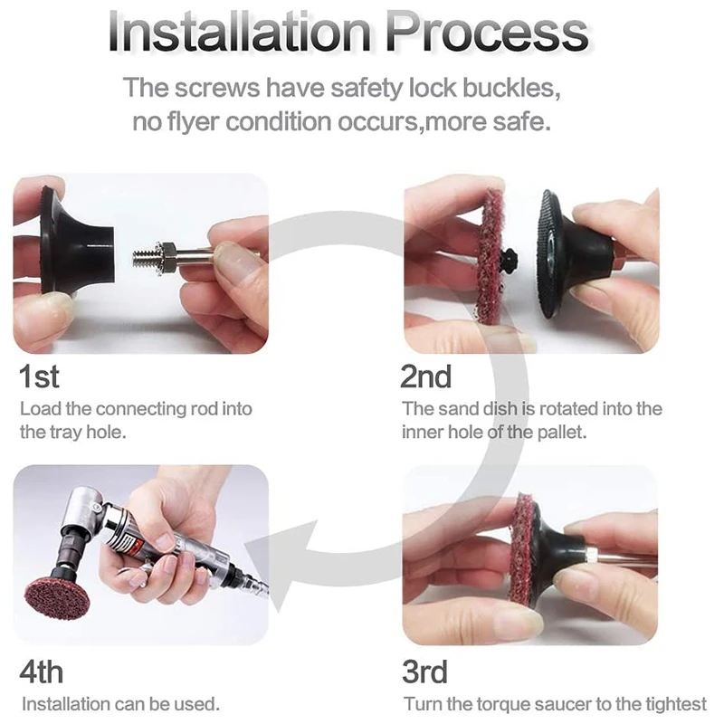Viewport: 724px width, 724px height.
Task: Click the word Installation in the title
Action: pos(240,33)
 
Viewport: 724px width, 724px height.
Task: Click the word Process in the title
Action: pos(487,33)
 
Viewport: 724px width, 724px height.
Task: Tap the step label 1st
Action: pos(39,376)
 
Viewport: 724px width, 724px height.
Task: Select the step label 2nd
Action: pos(425,376)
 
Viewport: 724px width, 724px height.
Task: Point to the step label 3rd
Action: pos(424,672)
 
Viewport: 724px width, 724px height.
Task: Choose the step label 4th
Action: pos(41,672)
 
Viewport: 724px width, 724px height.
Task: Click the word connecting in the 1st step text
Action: pos(141,410)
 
